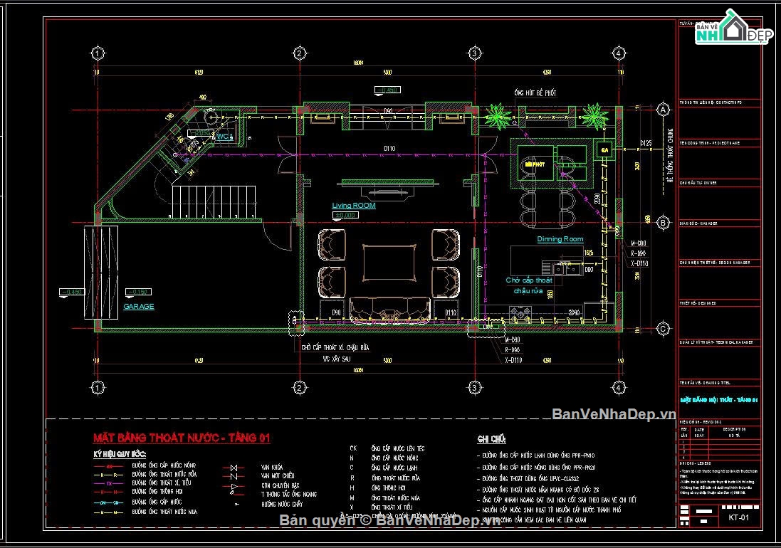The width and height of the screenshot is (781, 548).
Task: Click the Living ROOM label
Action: pos(354,206)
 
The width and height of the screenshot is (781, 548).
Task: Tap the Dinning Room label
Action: pos(560,239)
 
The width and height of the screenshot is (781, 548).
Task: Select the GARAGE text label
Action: pos(139,307)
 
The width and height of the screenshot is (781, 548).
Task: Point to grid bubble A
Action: pos(664,110)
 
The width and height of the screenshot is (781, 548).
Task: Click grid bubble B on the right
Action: pos(664,223)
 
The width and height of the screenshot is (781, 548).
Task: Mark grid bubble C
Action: pos(664,328)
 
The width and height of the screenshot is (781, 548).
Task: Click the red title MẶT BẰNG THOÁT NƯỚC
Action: pos(182,438)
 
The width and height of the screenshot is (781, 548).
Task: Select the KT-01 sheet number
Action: pos(739,517)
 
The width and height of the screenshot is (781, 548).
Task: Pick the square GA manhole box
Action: pos(604,150)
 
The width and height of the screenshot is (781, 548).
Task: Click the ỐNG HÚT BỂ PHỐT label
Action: pos(535,93)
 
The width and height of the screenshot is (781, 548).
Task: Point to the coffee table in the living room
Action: pos(390,263)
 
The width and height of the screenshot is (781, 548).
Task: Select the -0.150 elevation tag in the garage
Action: pos(136,292)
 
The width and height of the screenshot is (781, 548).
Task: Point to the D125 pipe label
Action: pos(646,144)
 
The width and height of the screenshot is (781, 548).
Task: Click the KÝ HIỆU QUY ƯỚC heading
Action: pos(120,453)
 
